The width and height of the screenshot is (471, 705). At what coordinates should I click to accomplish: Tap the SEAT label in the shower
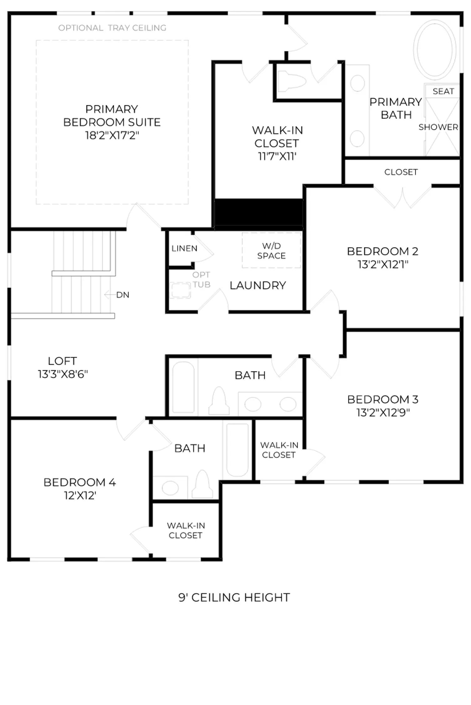[x=443, y=91]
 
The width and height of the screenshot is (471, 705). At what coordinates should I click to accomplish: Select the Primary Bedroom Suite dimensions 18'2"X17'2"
[x=112, y=135]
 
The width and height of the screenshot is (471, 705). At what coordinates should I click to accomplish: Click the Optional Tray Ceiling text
[x=112, y=28]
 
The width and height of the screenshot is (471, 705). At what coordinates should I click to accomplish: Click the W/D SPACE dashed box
[x=272, y=250]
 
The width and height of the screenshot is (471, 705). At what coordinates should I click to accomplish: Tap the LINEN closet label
[x=184, y=248]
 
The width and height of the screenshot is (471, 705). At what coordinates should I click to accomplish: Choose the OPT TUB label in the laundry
[x=201, y=279]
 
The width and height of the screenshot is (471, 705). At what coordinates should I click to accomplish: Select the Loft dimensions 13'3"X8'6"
[x=63, y=374]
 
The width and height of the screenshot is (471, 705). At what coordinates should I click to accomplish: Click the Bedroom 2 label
[x=383, y=251]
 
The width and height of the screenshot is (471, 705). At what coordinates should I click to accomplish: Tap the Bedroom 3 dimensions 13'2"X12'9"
[x=383, y=413]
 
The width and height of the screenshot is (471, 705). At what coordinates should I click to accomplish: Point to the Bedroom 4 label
[x=80, y=482]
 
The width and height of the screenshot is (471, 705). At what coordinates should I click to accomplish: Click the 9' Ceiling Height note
[x=234, y=598]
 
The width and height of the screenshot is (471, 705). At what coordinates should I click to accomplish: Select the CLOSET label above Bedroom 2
[x=401, y=172]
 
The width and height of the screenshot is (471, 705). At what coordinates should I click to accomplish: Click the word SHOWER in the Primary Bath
[x=438, y=127]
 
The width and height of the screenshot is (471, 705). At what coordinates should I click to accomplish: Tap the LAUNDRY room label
[x=258, y=285]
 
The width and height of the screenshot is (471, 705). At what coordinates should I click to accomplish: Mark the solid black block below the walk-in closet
[x=259, y=212]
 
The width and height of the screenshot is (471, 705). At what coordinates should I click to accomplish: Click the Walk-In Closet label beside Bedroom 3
[x=279, y=450]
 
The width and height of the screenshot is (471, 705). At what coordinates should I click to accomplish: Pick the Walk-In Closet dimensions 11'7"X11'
[x=277, y=156]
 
